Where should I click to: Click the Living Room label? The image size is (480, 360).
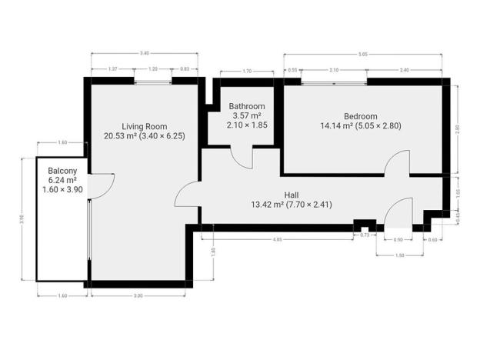(x=144, y=126)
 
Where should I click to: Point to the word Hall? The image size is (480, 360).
(x=292, y=195)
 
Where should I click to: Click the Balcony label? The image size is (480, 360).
(x=62, y=171)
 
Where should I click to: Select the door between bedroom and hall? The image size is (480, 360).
(x=398, y=163)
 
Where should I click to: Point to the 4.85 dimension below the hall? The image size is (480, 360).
(x=282, y=240)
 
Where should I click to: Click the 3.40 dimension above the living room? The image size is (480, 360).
(x=144, y=53)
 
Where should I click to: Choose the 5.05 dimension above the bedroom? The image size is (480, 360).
(x=364, y=54)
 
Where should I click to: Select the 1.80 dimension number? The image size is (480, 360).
(x=212, y=251)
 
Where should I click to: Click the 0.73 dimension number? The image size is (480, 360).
(x=365, y=235)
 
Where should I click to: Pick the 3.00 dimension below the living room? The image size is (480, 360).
(x=138, y=295)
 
